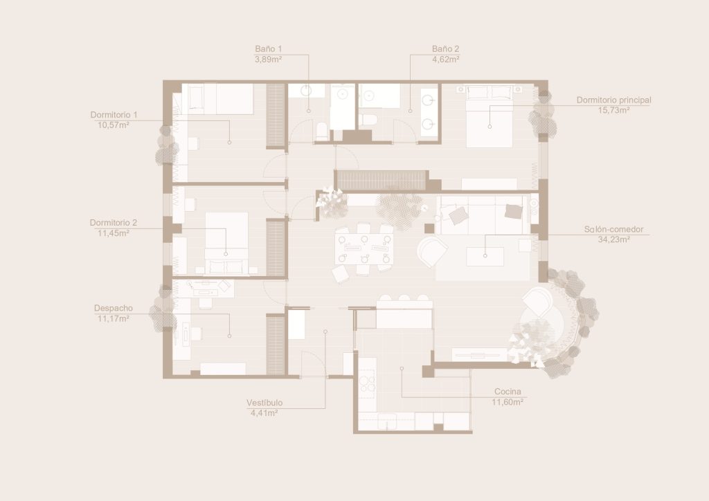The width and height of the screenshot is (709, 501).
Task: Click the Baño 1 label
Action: [x=268, y=49]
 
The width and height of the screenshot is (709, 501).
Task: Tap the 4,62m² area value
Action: [x=446, y=60]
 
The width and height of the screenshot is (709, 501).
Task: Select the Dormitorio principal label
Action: [x=613, y=100]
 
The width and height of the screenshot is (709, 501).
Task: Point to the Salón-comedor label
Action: [x=613, y=230]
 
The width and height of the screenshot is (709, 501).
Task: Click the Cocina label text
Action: [x=508, y=392]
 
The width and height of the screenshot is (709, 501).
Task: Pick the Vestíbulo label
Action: [x=264, y=403]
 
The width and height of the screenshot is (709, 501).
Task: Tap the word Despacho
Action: [x=114, y=308]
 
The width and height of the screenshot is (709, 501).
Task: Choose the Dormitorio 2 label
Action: [x=113, y=223]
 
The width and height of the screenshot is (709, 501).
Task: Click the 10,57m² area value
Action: [x=114, y=125]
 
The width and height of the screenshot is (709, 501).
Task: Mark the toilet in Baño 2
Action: [x=368, y=120]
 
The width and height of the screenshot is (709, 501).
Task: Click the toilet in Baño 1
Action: [x=322, y=131]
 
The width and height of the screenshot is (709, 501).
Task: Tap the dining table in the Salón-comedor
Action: [x=364, y=248]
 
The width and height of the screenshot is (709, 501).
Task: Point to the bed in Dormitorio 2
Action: [x=226, y=243]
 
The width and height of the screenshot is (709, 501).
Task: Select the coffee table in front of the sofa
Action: [x=485, y=256]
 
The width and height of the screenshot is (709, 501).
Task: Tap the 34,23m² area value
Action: [x=613, y=240]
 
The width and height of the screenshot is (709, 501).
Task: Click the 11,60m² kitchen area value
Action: [x=508, y=402]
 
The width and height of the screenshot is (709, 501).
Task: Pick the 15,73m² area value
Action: [x=613, y=110]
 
